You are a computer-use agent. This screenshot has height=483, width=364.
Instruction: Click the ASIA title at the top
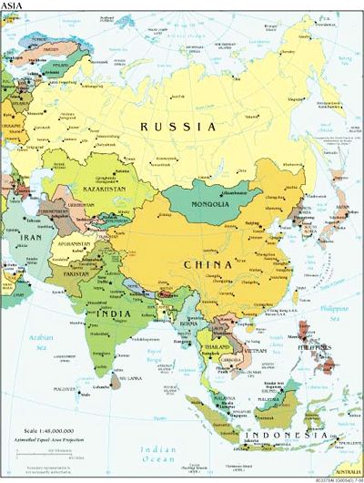tap(14, 6)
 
